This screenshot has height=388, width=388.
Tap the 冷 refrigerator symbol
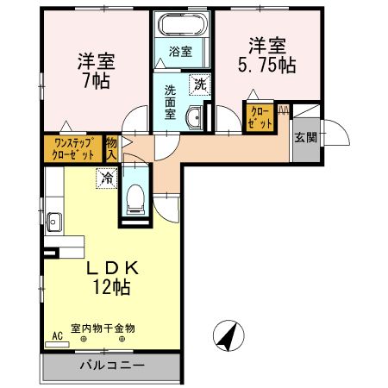[x=105, y=178]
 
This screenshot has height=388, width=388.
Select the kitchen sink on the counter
[x=53, y=221]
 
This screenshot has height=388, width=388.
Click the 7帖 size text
[x=97, y=84]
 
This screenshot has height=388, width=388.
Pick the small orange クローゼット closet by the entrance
[x=260, y=116]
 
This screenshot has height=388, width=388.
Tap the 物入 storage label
[x=112, y=147]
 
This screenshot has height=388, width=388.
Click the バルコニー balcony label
[x=112, y=366]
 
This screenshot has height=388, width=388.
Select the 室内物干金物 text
[x=109, y=329]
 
